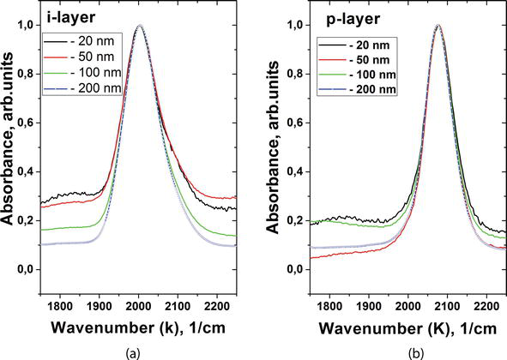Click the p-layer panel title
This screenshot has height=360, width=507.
[x=353, y=19]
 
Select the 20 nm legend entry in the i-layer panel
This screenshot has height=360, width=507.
[x=82, y=41]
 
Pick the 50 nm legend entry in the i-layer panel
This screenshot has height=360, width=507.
[x=82, y=57]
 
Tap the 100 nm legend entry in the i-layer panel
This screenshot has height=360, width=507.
[x=82, y=72]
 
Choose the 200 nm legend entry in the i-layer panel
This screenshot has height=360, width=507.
[x=82, y=88]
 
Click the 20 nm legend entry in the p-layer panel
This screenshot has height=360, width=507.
[x=354, y=45]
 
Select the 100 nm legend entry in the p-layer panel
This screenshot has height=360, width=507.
[x=357, y=75]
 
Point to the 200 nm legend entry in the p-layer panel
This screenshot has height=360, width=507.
[x=357, y=89]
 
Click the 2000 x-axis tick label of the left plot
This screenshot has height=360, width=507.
[x=139, y=305]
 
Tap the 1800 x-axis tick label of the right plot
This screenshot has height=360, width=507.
[x=329, y=305]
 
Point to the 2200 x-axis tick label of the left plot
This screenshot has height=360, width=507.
[x=217, y=305]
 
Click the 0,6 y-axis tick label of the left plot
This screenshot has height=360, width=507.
[x=27, y=123]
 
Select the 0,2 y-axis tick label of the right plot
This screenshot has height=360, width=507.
[x=296, y=221]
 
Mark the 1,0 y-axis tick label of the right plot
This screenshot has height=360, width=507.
[x=296, y=25]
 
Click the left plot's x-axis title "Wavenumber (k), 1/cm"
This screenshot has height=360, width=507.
[x=138, y=328]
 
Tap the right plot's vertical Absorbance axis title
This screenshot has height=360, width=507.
[x=273, y=147]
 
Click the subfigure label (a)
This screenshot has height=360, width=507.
[x=133, y=354]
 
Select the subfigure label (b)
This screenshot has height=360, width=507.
[x=414, y=354]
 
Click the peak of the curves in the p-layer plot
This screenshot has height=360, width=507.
[x=438, y=25]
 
